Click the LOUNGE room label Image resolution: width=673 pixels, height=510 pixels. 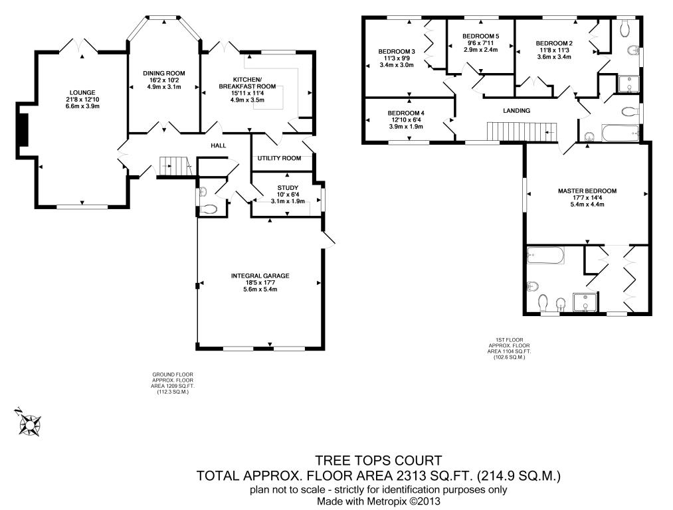[x=82, y=92]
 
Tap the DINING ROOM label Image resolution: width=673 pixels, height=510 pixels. [x=164, y=73]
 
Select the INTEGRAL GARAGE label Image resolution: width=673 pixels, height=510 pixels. [x=260, y=276]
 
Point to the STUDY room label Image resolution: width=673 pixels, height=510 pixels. [x=288, y=187]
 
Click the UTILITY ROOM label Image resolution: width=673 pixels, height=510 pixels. [x=279, y=158]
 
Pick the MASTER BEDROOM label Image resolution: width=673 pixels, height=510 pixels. [x=587, y=191]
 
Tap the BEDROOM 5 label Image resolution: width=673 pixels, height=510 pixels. [x=481, y=36]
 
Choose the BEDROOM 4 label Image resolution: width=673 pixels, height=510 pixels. [x=406, y=114]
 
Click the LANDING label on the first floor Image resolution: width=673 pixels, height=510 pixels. [x=516, y=111]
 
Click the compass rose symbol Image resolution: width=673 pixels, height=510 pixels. [x=29, y=424]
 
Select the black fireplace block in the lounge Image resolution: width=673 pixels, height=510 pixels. [x=23, y=130]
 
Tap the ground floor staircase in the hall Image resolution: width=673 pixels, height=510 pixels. [x=175, y=166]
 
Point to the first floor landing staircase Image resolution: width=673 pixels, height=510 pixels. [x=522, y=131]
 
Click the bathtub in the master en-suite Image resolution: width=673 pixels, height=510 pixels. [x=545, y=255]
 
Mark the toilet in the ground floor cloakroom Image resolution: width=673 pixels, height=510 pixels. [x=209, y=209]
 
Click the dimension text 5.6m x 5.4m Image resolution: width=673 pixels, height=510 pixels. [x=260, y=289]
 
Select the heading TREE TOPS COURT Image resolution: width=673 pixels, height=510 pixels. [x=379, y=461]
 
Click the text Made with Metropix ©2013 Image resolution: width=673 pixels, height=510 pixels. [x=379, y=501]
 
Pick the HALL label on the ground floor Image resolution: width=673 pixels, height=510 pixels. [x=219, y=145]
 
